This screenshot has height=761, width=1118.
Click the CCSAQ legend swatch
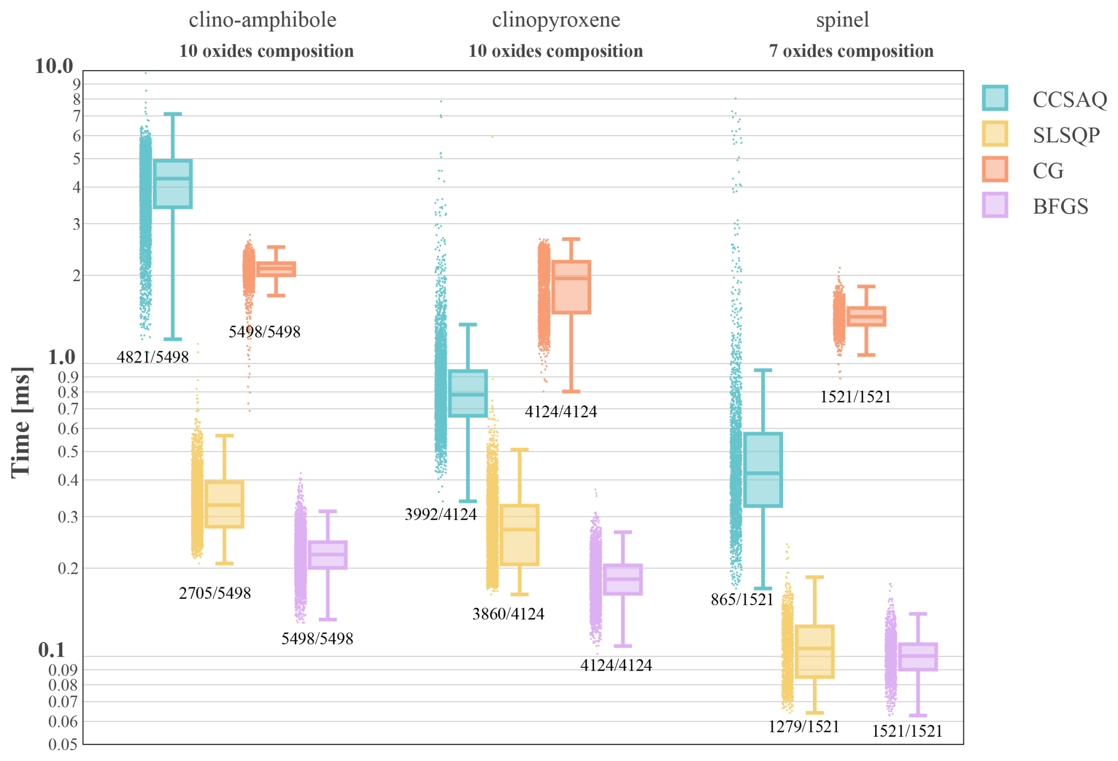point(994,98)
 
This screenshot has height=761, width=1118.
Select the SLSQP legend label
point(1066,135)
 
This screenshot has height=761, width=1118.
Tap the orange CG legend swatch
point(994,169)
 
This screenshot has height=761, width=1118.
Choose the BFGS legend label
point(1060,207)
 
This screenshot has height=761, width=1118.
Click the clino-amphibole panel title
point(262,20)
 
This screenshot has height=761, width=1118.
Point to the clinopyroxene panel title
point(555,20)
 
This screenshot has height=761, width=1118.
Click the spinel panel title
point(842,20)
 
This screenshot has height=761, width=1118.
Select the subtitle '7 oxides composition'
point(851,51)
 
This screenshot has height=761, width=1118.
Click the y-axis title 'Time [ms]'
point(21,422)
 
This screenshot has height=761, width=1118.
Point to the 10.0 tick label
point(54,66)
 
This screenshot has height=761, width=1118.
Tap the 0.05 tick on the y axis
point(63,744)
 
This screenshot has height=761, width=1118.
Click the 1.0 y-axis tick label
point(61,357)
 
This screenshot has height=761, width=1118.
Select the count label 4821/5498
point(153,357)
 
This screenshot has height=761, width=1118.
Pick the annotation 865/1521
point(742,599)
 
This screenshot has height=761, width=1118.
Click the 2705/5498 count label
point(215,593)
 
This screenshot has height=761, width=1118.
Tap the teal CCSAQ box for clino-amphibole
point(173,184)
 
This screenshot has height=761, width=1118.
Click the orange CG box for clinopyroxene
point(571,287)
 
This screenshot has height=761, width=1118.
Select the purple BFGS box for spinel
point(917,657)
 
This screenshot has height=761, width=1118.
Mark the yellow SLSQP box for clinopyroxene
point(519,535)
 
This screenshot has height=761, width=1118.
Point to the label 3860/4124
point(508,614)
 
